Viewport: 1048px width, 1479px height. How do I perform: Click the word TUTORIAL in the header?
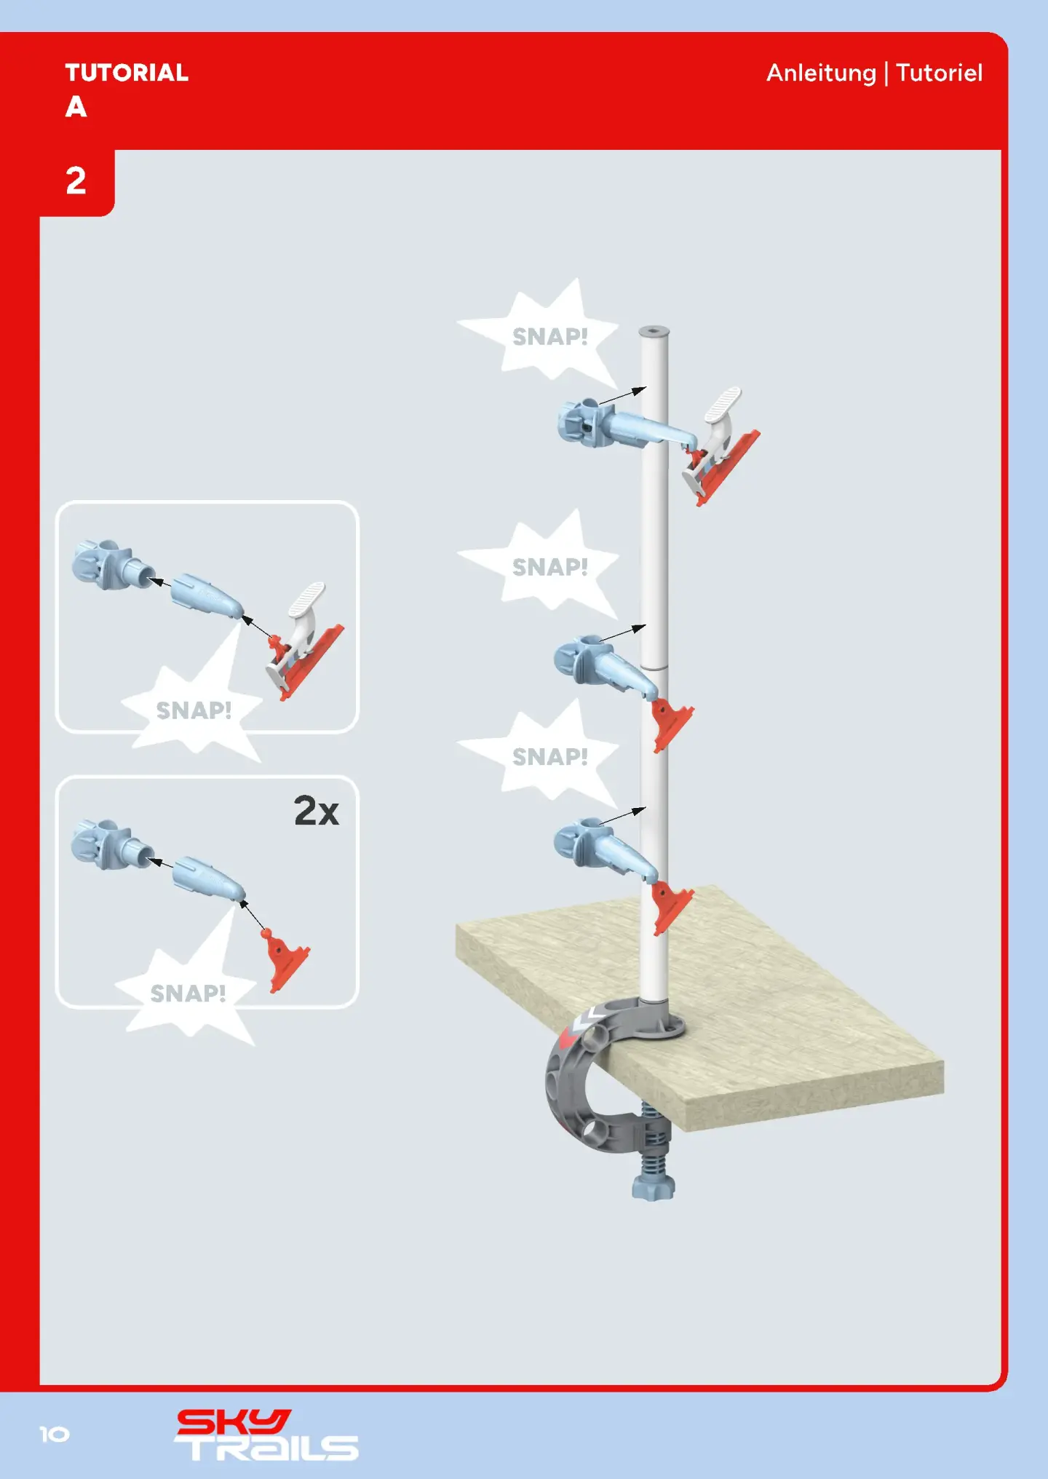coord(127,73)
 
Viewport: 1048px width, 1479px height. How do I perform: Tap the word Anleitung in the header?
coord(821,73)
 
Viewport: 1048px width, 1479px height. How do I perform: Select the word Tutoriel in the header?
coord(939,73)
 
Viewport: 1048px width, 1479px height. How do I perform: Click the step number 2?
coord(76,181)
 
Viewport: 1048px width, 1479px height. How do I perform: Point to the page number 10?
coord(55,1435)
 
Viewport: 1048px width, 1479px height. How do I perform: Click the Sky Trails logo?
coord(266,1435)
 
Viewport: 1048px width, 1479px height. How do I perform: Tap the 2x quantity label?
coord(316,811)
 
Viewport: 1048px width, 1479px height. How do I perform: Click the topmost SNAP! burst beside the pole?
coord(549,336)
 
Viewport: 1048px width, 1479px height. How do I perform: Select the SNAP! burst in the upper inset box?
coord(194,710)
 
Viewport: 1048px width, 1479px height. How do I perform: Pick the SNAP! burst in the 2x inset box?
coord(188,993)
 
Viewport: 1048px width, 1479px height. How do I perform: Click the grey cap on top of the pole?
coord(654,332)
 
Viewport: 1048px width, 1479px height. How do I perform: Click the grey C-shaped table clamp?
coord(582,1077)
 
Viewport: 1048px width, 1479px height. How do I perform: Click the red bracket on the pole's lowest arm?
coord(670,906)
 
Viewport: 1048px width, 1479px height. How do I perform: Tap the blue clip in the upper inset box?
coord(102,564)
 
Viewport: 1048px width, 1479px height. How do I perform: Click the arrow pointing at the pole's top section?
coord(622,396)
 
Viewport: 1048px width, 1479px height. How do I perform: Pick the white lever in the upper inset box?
coord(306,604)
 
